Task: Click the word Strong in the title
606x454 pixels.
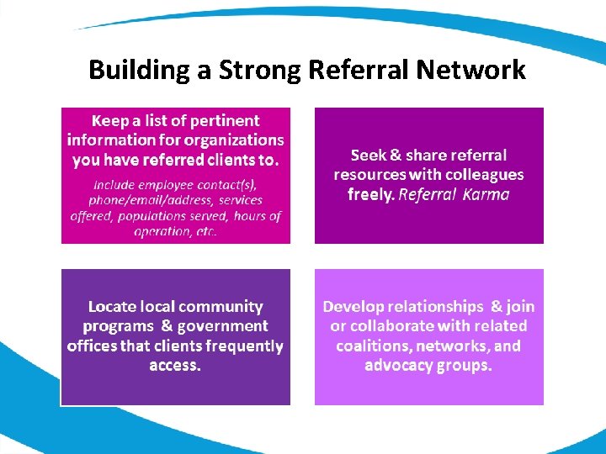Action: click(260, 70)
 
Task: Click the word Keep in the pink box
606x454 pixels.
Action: click(110, 121)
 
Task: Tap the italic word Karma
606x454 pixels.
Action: click(486, 194)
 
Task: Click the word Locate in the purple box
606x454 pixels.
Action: click(114, 307)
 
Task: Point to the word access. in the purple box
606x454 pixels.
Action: click(175, 365)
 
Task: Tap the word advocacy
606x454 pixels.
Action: click(399, 365)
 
